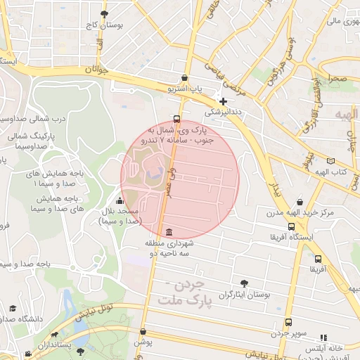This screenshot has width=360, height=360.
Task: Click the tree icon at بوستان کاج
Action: (x=105, y=14)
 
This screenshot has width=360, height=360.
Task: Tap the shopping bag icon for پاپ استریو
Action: (x=184, y=78)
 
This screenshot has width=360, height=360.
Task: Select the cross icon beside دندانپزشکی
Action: (x=223, y=101)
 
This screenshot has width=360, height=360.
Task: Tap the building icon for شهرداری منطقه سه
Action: (x=168, y=233)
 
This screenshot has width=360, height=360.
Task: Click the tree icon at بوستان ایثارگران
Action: (x=244, y=283)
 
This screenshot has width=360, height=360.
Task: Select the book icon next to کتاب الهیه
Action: (x=331, y=161)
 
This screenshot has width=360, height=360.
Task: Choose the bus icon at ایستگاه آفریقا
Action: (x=291, y=226)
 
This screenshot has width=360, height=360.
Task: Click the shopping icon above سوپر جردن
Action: (x=288, y=322)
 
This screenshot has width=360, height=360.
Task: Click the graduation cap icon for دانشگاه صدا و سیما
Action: (x=13, y=308)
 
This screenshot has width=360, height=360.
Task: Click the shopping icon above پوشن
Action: (x=143, y=331)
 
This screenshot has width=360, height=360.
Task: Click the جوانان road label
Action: (x=98, y=70)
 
